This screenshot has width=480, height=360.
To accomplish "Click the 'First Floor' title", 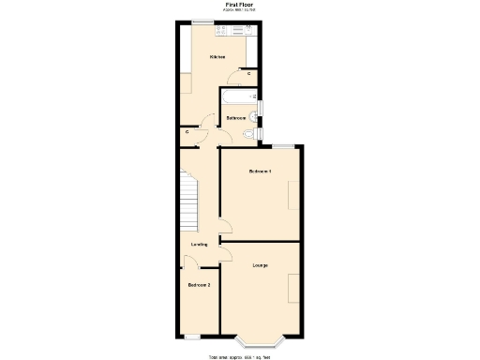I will click(x=239, y=5).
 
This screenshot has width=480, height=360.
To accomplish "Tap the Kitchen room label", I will click(x=217, y=57).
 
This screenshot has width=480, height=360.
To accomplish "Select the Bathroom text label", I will click(x=236, y=118).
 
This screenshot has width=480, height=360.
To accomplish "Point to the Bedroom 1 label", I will click(x=261, y=172).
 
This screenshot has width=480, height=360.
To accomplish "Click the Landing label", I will click(x=199, y=245).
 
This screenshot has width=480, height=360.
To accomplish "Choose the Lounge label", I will click(x=261, y=266).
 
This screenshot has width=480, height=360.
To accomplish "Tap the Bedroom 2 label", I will click(x=199, y=285).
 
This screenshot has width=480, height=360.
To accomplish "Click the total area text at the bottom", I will click(x=239, y=356).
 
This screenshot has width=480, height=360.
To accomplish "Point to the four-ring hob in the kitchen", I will click(x=222, y=31).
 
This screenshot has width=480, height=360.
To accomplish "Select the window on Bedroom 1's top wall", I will click(x=284, y=145).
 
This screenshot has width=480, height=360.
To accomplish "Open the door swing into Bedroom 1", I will click(x=225, y=225).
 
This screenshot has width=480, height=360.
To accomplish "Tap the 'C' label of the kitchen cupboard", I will click(x=248, y=72).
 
